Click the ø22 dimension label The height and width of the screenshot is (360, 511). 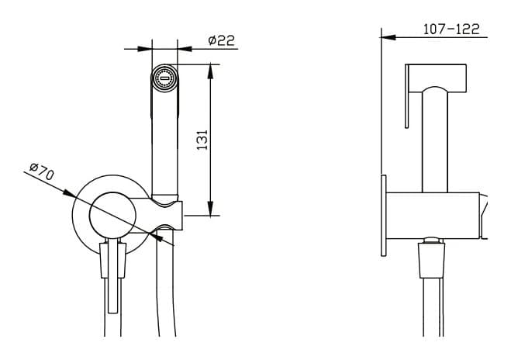coord(221,40)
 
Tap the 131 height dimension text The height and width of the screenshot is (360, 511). coord(202,140)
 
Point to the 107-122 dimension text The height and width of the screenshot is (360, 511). coord(451,29)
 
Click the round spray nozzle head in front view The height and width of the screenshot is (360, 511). coord(164,78)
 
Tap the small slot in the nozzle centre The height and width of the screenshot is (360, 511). coord(164,78)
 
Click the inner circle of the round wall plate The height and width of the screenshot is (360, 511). coord(112,215)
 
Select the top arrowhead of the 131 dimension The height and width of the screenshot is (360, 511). coord(211,71)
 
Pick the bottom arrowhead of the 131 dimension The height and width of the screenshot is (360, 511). coord(211,208)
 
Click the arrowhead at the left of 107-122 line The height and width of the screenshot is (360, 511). coord(388,37)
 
